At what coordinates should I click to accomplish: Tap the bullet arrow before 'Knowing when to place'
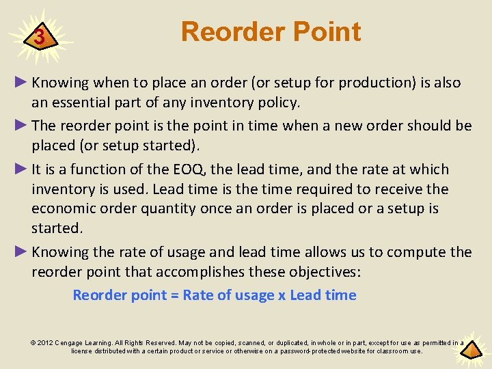pyautogui.click(x=21, y=83)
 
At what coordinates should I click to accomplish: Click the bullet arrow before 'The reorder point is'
pyautogui.click(x=21, y=126)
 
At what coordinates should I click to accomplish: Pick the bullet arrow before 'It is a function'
pyautogui.click(x=21, y=169)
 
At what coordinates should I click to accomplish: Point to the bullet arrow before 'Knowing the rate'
pyautogui.click(x=21, y=252)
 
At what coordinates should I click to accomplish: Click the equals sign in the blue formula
pyautogui.click(x=174, y=296)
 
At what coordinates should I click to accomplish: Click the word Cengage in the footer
pyautogui.click(x=71, y=343)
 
